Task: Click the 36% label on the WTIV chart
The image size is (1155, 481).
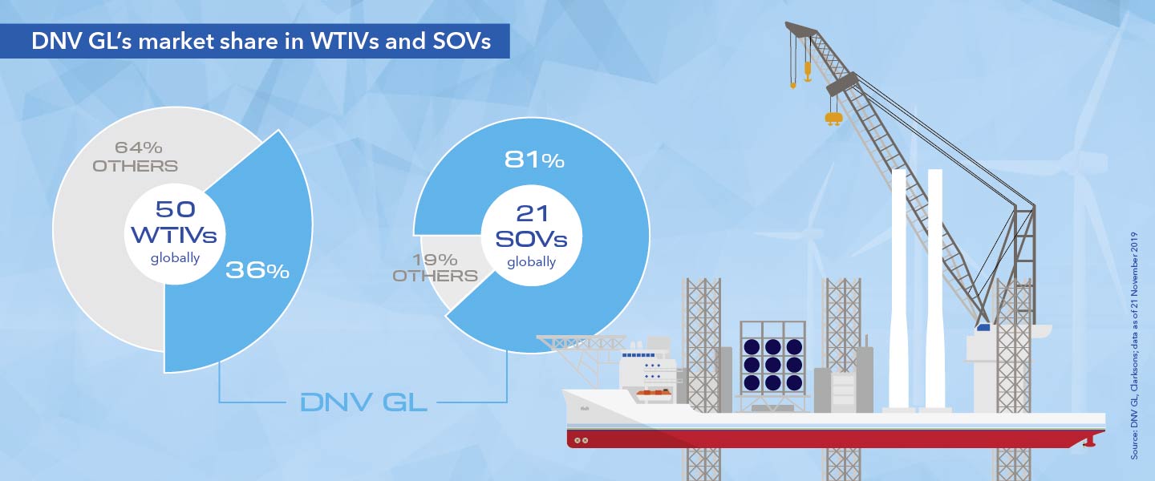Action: point(257,271)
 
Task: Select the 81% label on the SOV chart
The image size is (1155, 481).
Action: point(534,160)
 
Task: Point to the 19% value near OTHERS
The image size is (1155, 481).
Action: point(436,260)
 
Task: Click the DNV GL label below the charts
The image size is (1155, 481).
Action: point(363,402)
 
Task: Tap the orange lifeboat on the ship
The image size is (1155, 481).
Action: point(656,393)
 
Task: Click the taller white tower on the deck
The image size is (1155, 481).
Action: point(899,289)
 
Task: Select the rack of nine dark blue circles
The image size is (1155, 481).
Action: point(772,364)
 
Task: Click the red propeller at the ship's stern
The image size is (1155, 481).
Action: point(1088,441)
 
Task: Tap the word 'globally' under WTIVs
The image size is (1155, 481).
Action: point(176,258)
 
